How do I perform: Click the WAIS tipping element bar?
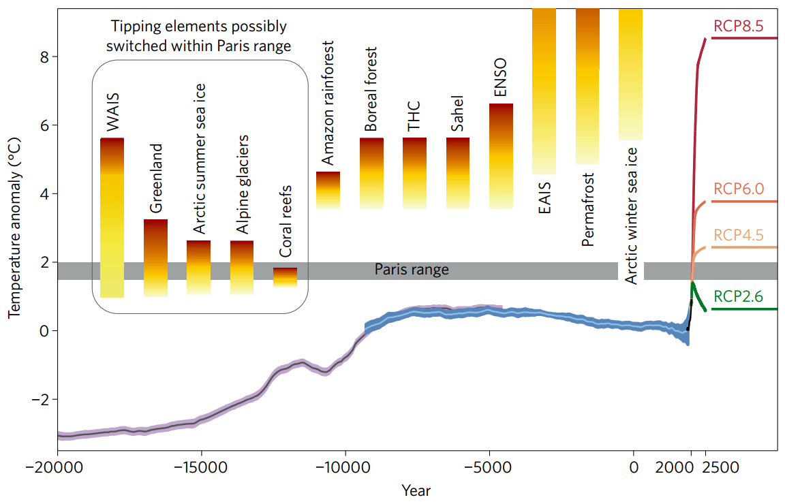coord(112,218)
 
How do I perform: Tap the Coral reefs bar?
coord(285,277)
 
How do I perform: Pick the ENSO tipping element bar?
coord(501,156)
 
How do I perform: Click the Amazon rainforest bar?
coord(328,190)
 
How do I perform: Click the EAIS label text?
coord(544,198)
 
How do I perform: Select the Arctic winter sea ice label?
coord(631,215)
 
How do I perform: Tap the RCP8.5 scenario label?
coord(739,27)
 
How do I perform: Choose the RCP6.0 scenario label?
coord(739,189)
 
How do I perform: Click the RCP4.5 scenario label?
coord(739,234)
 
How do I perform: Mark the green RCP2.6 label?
coord(739,296)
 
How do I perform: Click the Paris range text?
coord(412,270)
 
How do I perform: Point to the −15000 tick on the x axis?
coord(201,469)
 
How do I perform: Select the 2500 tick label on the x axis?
coord(720,469)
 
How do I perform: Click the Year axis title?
coord(416,490)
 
